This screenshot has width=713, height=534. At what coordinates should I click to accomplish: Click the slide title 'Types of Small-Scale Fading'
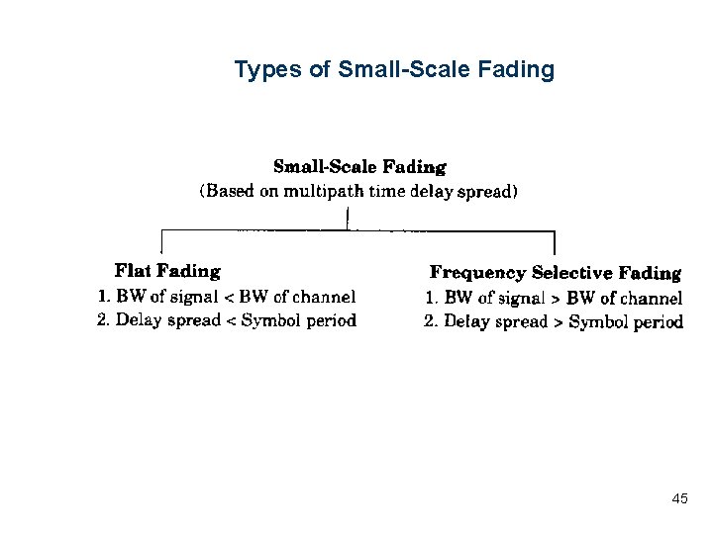pyautogui.click(x=394, y=70)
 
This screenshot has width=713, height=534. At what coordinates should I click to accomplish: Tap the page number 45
pyautogui.click(x=679, y=498)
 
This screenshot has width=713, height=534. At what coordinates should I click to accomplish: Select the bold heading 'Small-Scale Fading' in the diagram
pyautogui.click(x=359, y=167)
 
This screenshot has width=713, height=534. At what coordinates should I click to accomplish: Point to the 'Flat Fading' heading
pyautogui.click(x=167, y=270)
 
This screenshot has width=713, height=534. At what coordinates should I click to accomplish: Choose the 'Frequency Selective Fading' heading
pyautogui.click(x=555, y=273)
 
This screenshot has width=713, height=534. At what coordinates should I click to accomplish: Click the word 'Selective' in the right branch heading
pyautogui.click(x=571, y=273)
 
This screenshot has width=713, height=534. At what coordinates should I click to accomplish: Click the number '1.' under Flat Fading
pyautogui.click(x=103, y=296)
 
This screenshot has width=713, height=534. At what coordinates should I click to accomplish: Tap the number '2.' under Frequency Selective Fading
pyautogui.click(x=431, y=321)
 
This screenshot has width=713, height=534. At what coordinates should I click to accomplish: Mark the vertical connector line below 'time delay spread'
pyautogui.click(x=348, y=218)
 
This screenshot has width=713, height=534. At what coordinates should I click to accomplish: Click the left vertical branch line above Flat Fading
pyautogui.click(x=161, y=242)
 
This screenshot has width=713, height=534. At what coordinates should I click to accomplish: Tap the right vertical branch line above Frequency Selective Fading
pyautogui.click(x=554, y=243)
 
